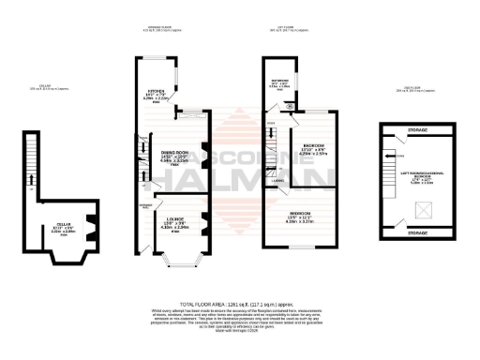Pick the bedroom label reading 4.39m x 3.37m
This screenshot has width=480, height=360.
299,218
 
